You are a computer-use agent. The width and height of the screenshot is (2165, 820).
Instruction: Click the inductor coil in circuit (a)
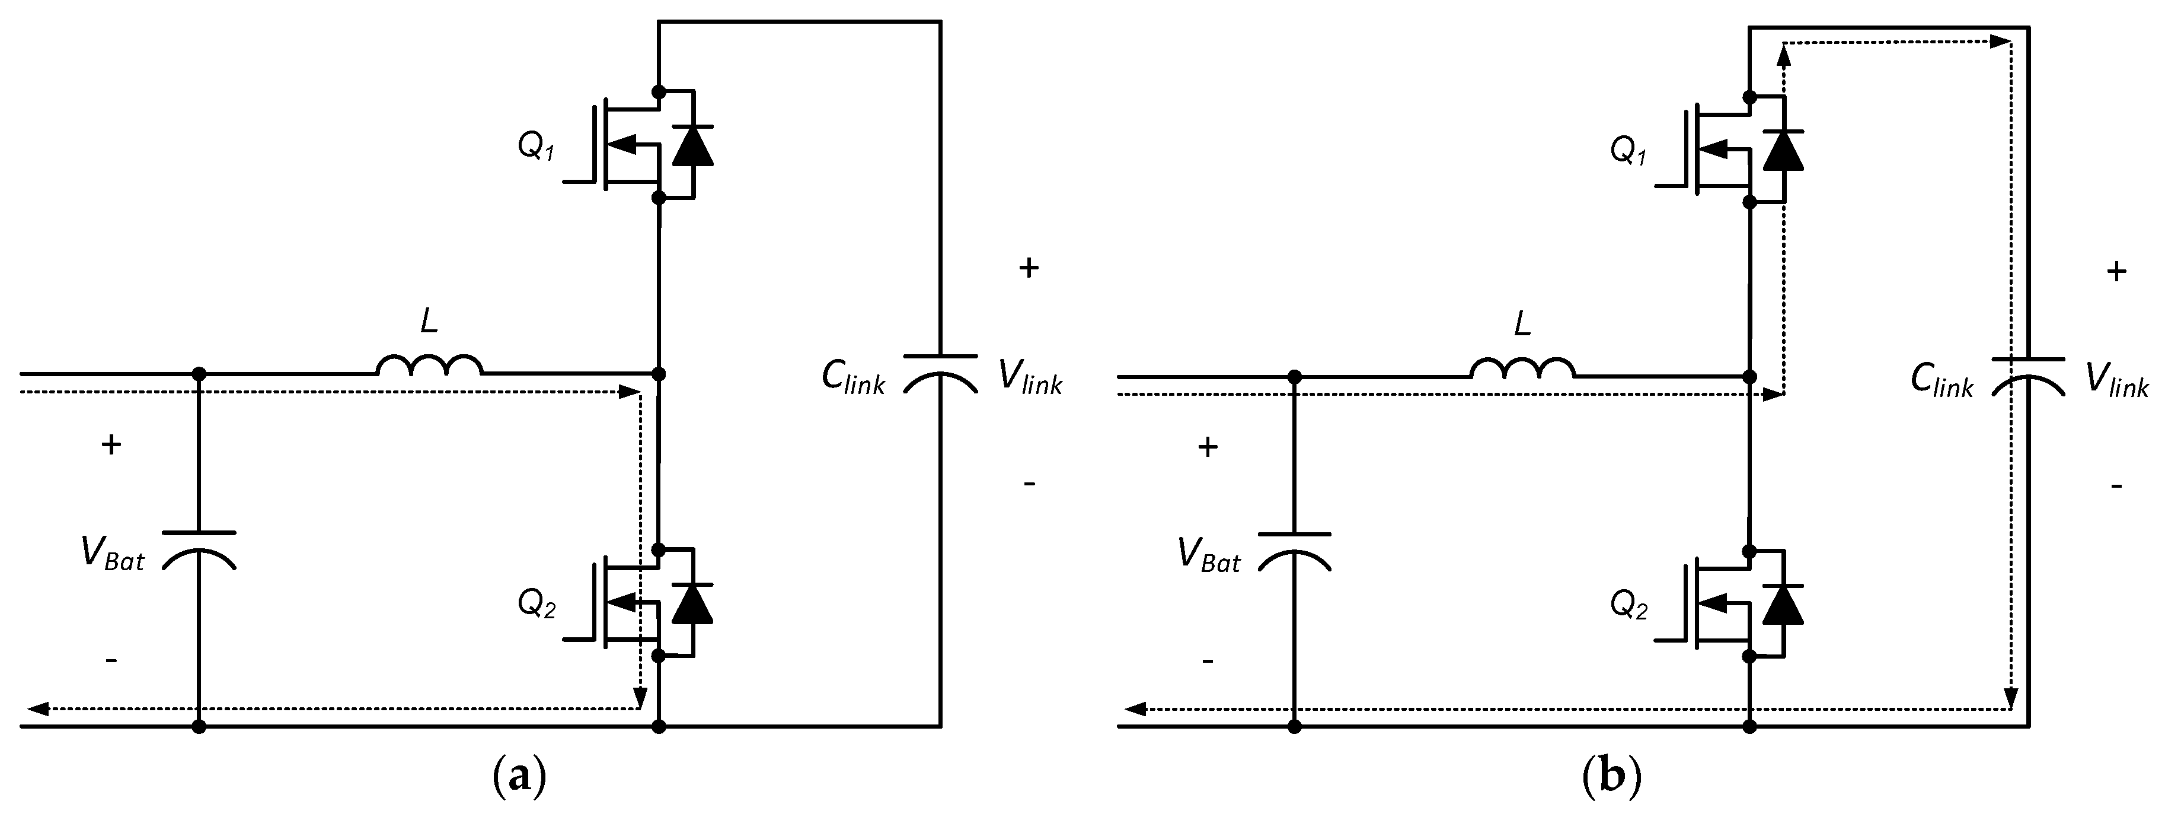pos(429,367)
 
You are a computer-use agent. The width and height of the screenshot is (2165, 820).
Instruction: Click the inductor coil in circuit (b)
pos(1523,370)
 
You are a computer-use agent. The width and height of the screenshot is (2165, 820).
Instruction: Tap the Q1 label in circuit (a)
pos(536,147)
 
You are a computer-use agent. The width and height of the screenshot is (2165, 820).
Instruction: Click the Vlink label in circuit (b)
pos(2117,381)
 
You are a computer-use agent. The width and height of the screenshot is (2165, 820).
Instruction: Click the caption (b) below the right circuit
pos(1611,777)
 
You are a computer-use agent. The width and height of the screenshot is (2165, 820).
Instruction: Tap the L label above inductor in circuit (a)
pos(429,321)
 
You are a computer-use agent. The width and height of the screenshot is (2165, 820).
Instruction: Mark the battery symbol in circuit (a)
pos(199,548)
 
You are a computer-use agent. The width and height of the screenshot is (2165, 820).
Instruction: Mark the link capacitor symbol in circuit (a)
pos(940,373)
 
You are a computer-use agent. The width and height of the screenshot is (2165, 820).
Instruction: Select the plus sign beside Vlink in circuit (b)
pos(2116,272)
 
